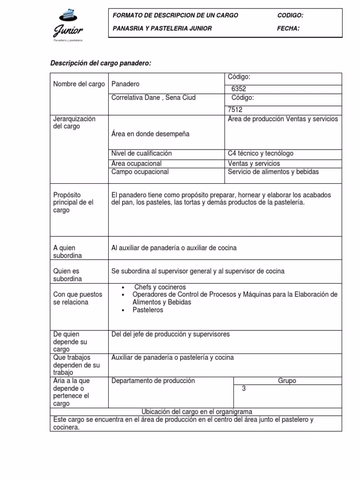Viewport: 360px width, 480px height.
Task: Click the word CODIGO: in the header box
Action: (x=290, y=15)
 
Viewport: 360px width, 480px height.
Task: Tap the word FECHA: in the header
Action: (x=288, y=29)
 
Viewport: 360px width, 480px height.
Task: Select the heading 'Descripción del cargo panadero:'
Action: (x=101, y=63)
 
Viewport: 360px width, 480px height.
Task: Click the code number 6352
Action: (x=239, y=89)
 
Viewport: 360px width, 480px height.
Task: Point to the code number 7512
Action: (x=235, y=110)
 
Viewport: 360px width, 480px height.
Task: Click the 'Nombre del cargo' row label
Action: (x=79, y=84)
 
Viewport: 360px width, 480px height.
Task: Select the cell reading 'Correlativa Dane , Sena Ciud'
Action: (x=153, y=98)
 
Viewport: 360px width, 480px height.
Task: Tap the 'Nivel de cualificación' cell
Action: (x=142, y=154)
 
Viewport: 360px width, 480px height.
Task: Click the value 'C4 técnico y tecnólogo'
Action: (x=261, y=154)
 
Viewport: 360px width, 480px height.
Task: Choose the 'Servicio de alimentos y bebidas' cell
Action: (x=273, y=172)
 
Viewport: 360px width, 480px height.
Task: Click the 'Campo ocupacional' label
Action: (x=140, y=172)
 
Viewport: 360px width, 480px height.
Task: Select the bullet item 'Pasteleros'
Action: (x=148, y=310)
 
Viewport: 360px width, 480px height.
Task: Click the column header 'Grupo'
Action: (x=287, y=381)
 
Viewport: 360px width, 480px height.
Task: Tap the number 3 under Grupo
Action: (x=244, y=389)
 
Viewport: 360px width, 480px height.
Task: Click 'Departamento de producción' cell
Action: (x=153, y=381)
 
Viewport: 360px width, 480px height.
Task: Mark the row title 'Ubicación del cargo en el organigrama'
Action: (x=197, y=412)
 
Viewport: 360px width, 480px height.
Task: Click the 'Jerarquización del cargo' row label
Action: (x=74, y=123)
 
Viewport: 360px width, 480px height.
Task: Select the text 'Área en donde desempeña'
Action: (x=150, y=134)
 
